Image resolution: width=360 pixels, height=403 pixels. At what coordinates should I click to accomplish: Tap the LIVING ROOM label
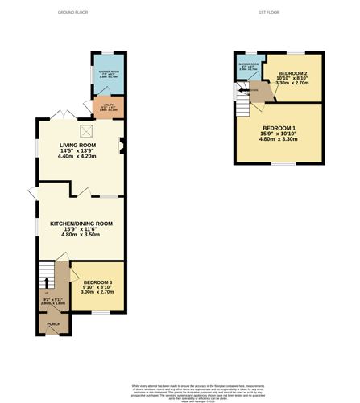pyautogui.click(x=72, y=145)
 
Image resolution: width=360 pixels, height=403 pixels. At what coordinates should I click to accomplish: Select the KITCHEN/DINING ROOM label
pyautogui.click(x=81, y=223)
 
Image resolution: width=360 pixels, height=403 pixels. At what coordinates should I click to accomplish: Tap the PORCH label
pyautogui.click(x=53, y=325)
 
